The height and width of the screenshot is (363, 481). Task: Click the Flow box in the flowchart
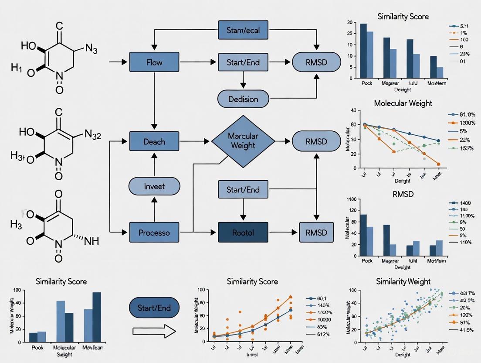point(154,62)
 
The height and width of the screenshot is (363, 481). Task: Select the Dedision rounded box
point(243,99)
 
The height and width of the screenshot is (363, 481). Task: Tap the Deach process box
point(154,141)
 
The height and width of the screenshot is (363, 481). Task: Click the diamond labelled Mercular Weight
point(243,141)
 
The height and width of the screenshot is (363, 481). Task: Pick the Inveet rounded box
point(154,186)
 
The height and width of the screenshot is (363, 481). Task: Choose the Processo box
point(154,233)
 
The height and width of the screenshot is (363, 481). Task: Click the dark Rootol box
point(243,233)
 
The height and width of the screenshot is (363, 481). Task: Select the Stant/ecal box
point(243,30)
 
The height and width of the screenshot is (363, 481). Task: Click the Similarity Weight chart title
point(403,281)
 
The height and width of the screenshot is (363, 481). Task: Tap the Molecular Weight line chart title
point(403,103)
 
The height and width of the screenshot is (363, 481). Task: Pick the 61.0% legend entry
point(463,114)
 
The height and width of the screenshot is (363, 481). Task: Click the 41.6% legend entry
point(464,330)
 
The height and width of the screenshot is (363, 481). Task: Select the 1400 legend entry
point(462,203)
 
